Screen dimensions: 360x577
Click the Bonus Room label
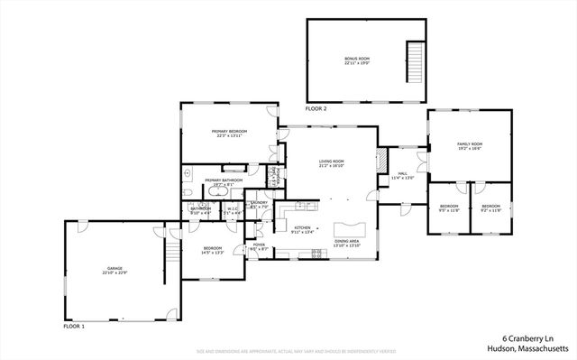coord(357,61)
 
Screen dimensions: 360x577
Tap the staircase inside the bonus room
coord(416,61)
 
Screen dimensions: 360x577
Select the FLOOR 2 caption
coord(316,108)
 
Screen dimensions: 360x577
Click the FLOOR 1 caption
coord(74,325)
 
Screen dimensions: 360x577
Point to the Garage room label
coord(114,270)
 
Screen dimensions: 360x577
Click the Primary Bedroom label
coord(230,134)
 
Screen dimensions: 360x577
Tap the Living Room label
coord(331,163)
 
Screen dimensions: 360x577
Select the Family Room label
coord(470,146)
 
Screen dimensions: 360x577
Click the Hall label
coord(402,175)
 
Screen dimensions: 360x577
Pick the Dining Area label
coord(348,243)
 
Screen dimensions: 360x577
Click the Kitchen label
coord(302,229)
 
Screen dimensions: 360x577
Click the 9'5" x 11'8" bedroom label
coord(449,208)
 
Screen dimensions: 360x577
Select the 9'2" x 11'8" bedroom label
coord(490,208)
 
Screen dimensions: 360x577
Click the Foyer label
coord(258,245)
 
